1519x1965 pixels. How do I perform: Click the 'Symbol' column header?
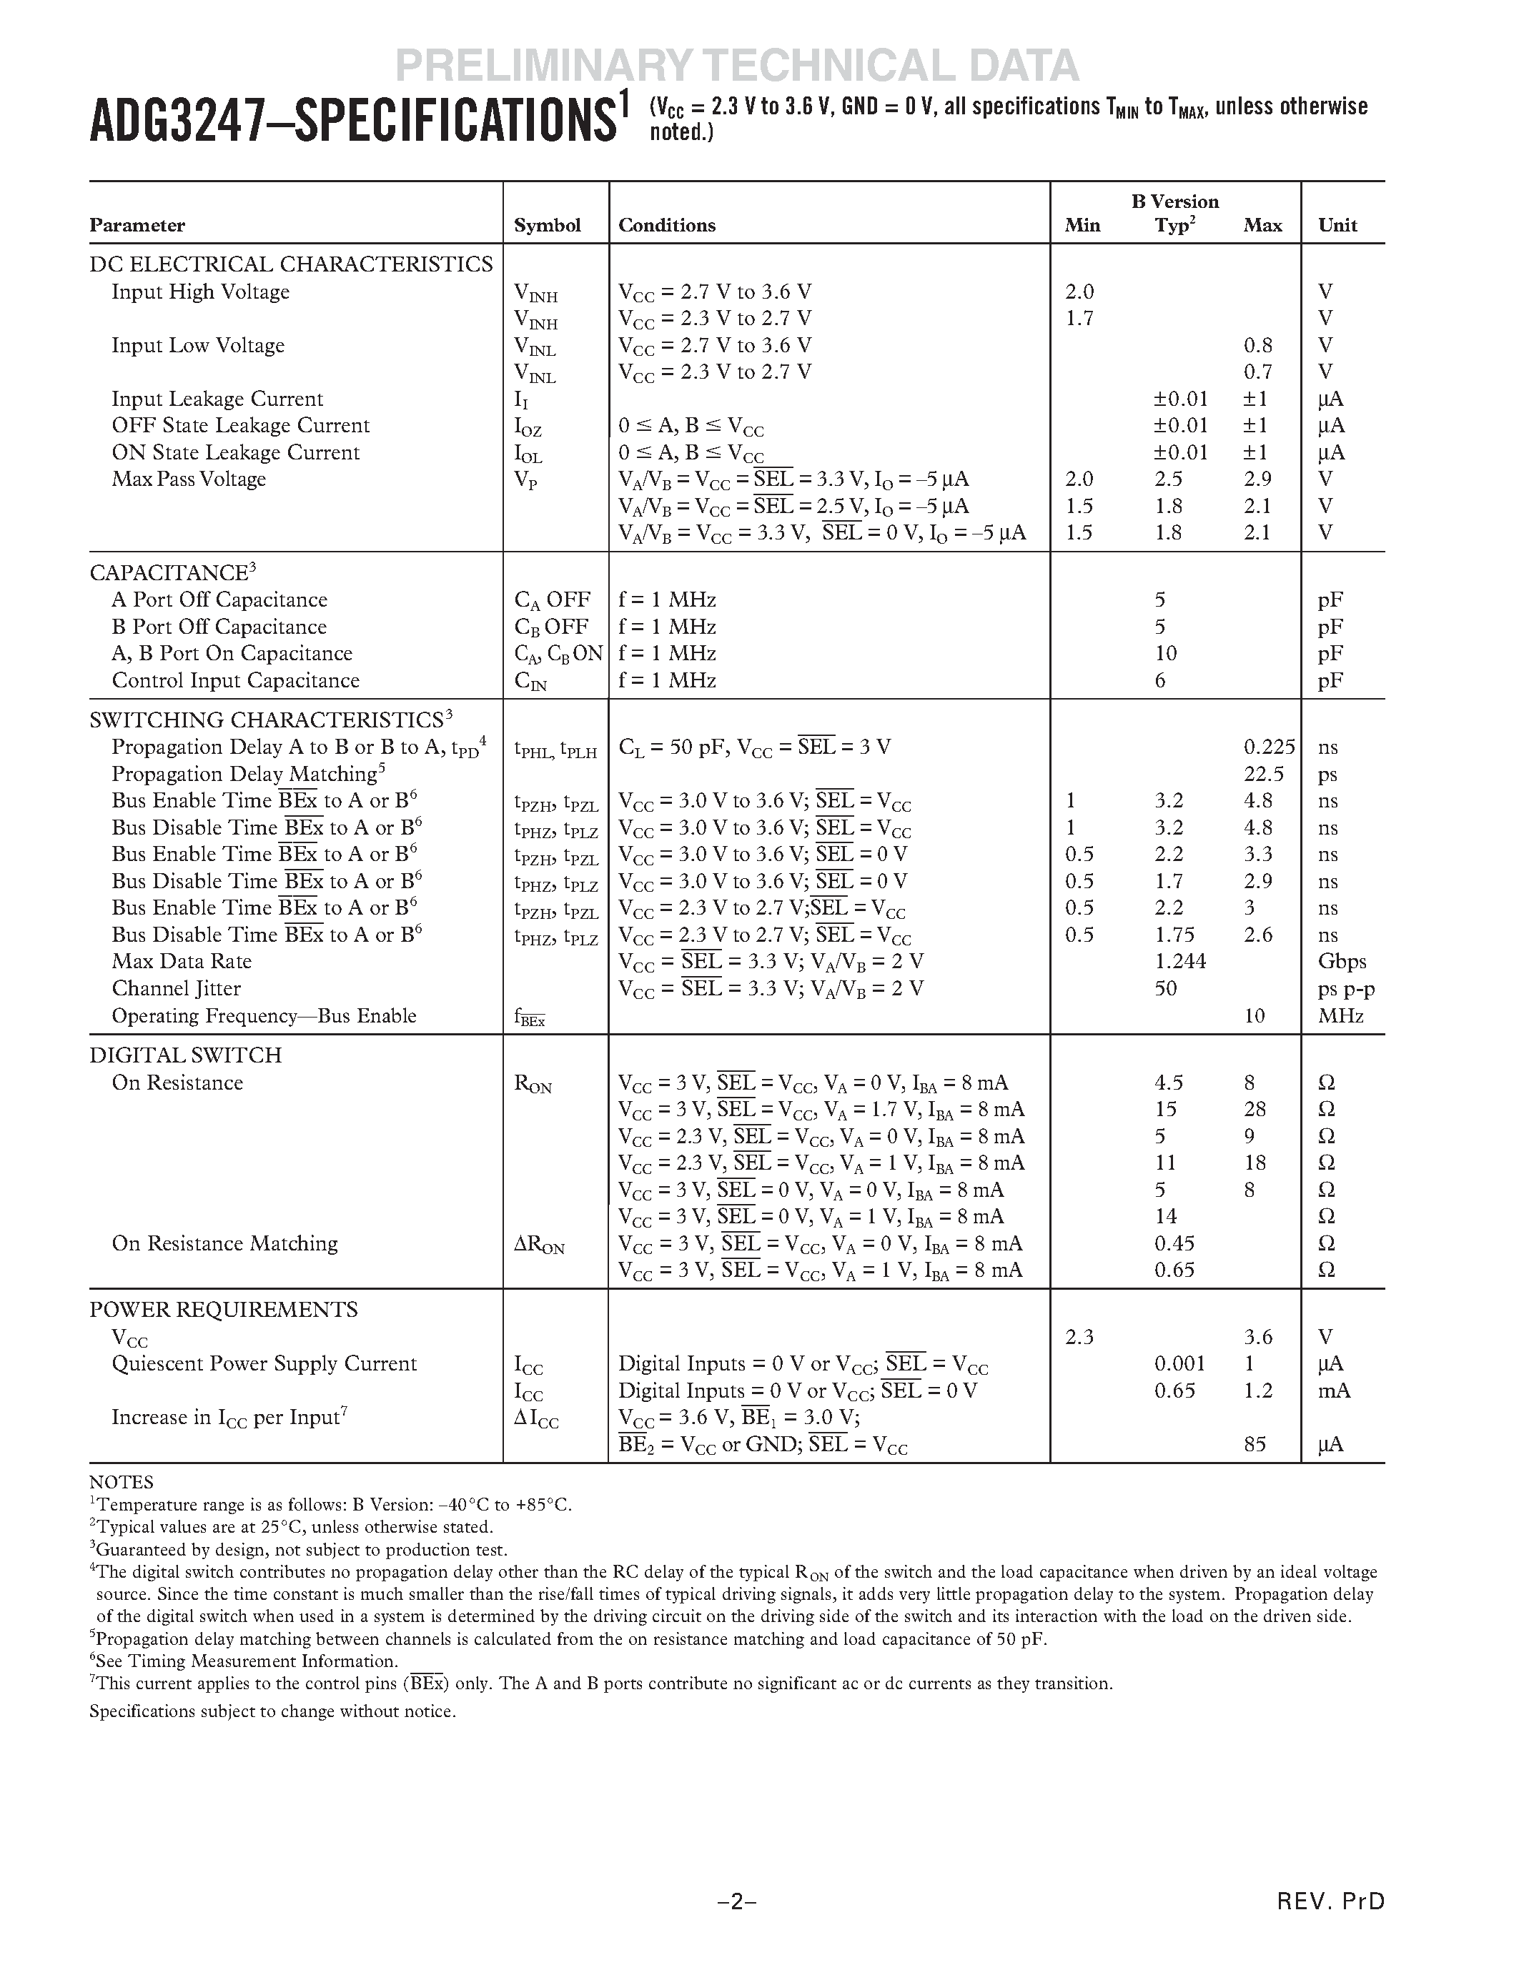click(x=547, y=225)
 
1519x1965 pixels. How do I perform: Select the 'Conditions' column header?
click(x=667, y=225)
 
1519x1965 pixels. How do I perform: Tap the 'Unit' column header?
click(x=1337, y=225)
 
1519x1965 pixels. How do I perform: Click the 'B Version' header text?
click(x=1174, y=202)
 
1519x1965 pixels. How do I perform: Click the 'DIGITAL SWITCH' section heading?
click(x=185, y=1055)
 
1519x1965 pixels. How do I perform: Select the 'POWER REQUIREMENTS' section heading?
click(x=223, y=1309)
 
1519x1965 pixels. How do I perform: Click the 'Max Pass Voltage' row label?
click(x=189, y=479)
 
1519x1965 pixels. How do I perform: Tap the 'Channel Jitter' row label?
click(x=177, y=988)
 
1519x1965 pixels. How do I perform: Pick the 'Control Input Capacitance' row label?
click(x=236, y=680)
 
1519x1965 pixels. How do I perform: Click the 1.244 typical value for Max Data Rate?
click(x=1179, y=961)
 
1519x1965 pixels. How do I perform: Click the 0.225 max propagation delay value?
click(x=1269, y=747)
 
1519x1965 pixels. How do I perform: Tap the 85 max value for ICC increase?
click(x=1255, y=1444)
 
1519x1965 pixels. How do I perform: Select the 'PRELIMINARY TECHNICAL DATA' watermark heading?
click(x=737, y=65)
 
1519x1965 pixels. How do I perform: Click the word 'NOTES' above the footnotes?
click(x=122, y=1482)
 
